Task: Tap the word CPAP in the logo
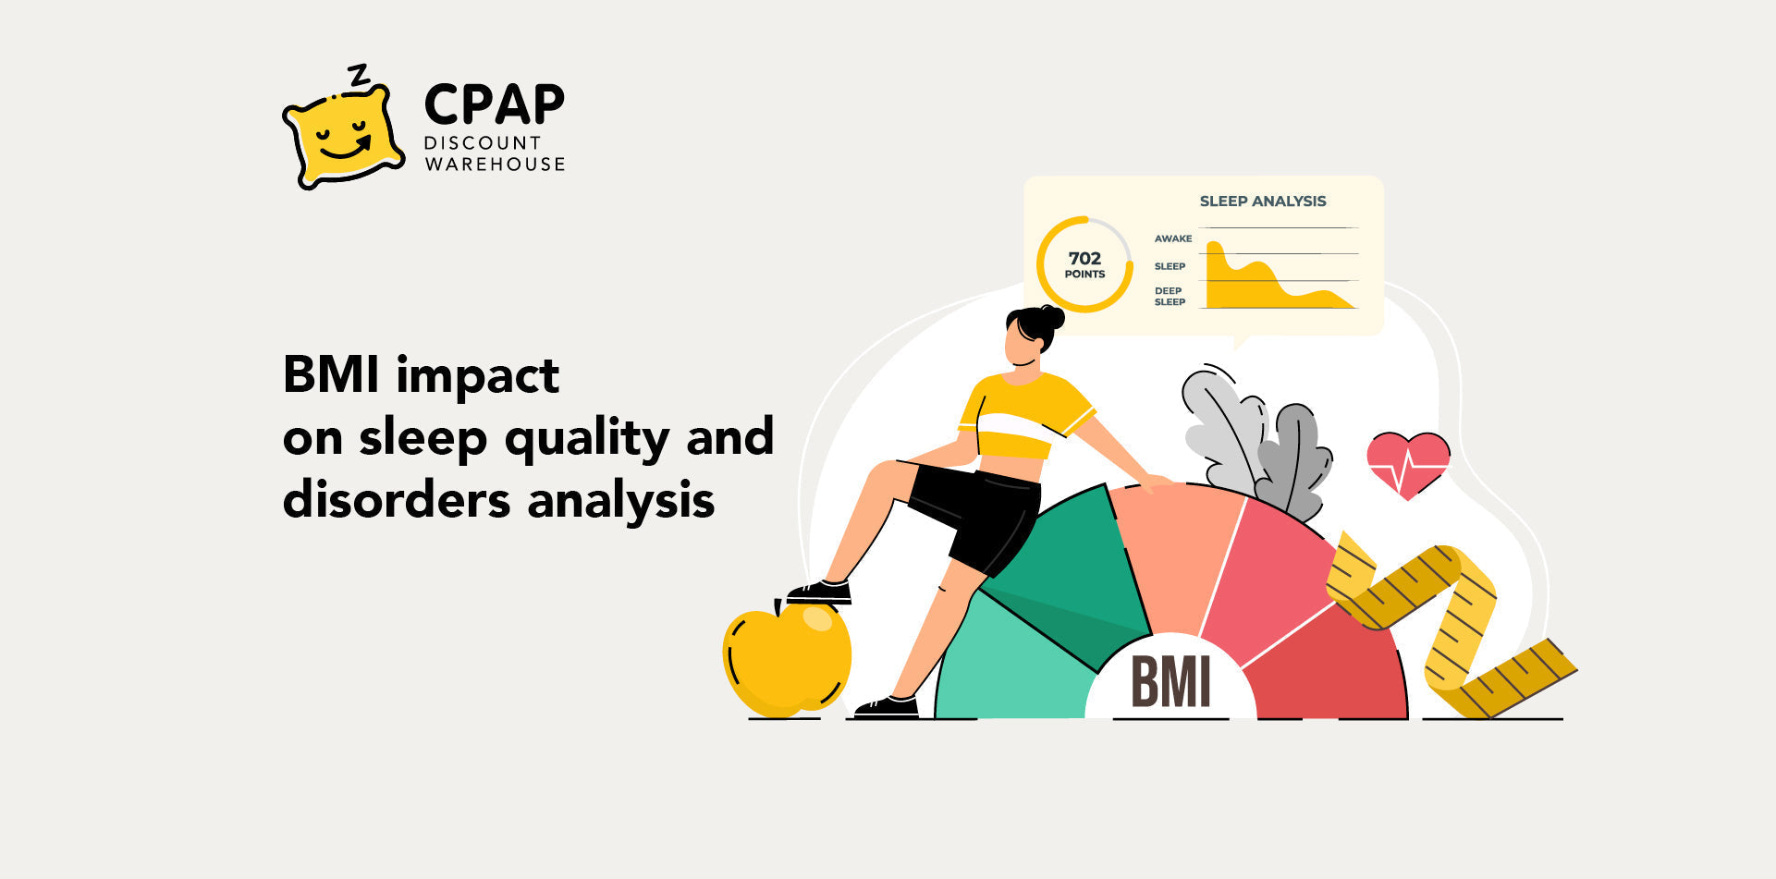[494, 104]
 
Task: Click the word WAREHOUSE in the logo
[495, 165]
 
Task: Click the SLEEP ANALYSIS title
[1262, 201]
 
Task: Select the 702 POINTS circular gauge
[1084, 264]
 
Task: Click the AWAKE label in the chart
[1172, 238]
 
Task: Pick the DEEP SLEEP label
[1170, 296]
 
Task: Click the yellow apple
[786, 658]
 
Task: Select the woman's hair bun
[1052, 317]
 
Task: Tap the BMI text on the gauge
[1170, 682]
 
